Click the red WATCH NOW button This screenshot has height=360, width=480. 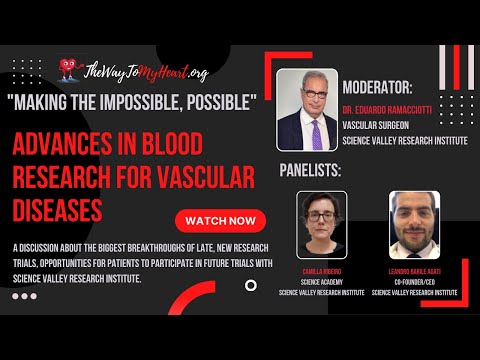220,219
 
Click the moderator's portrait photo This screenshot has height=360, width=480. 303,110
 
